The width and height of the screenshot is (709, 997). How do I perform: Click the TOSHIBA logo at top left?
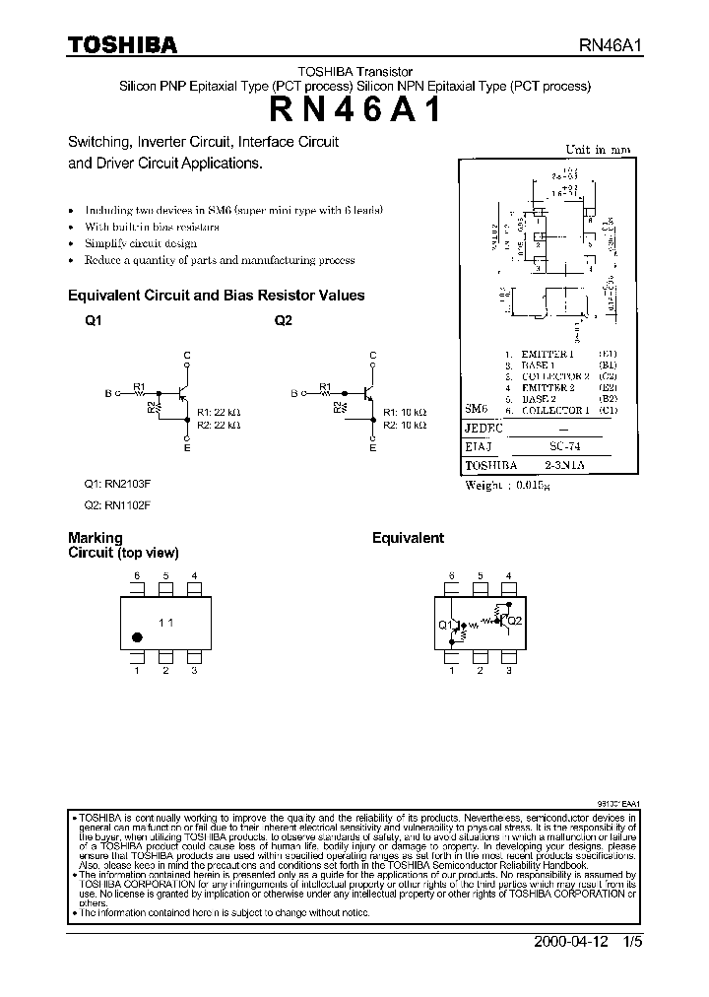click(x=122, y=45)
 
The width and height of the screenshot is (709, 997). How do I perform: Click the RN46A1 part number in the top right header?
click(x=611, y=46)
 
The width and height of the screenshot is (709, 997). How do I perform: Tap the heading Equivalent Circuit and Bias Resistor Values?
click(x=216, y=295)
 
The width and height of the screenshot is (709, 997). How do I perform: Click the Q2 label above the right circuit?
click(x=284, y=320)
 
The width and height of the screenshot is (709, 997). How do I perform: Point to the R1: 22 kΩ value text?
click(x=219, y=412)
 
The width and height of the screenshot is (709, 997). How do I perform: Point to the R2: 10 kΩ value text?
click(x=404, y=425)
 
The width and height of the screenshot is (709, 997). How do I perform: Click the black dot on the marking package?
click(x=137, y=638)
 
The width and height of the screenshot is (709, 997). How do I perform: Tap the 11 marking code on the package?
click(x=166, y=622)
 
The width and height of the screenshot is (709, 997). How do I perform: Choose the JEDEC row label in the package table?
click(x=483, y=429)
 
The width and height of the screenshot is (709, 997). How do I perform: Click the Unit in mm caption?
click(x=597, y=150)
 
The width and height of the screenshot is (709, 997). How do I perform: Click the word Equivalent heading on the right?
click(x=408, y=538)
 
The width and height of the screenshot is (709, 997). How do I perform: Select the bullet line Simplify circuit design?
click(x=141, y=243)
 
